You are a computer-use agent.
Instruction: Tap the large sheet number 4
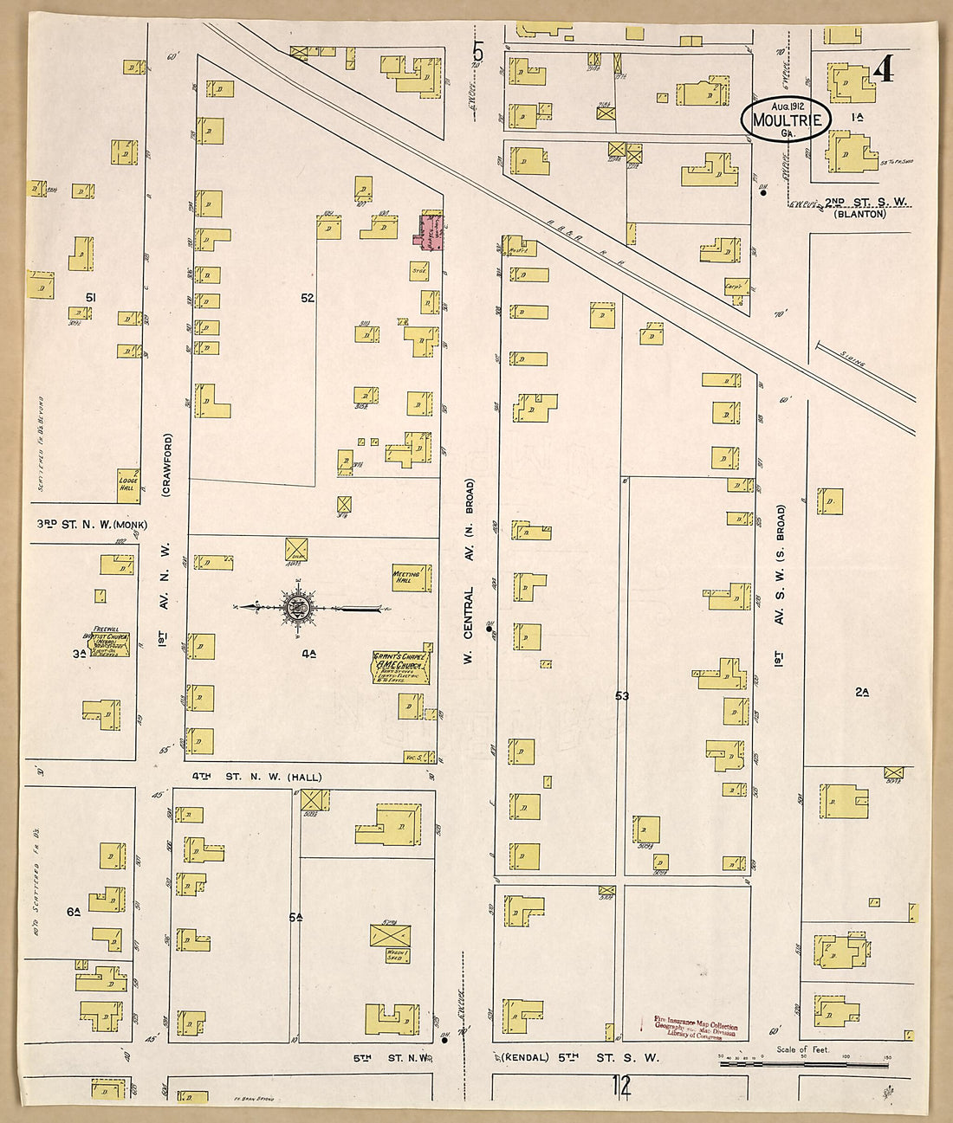[883, 68]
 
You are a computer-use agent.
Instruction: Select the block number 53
[621, 695]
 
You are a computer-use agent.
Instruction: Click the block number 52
[308, 297]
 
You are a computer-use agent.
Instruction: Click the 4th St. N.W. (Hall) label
[246, 777]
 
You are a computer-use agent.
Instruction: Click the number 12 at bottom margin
[620, 1083]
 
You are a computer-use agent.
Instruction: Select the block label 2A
[861, 691]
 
